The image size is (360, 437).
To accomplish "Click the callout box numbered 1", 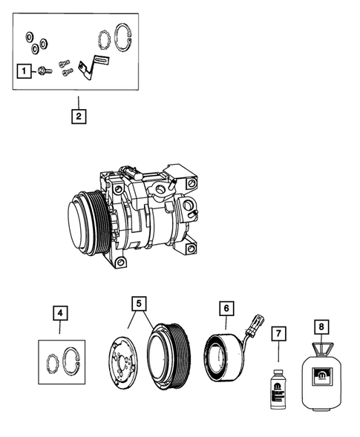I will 24,72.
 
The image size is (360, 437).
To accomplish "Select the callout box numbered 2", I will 77,116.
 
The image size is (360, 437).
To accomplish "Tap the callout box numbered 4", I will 62,313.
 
